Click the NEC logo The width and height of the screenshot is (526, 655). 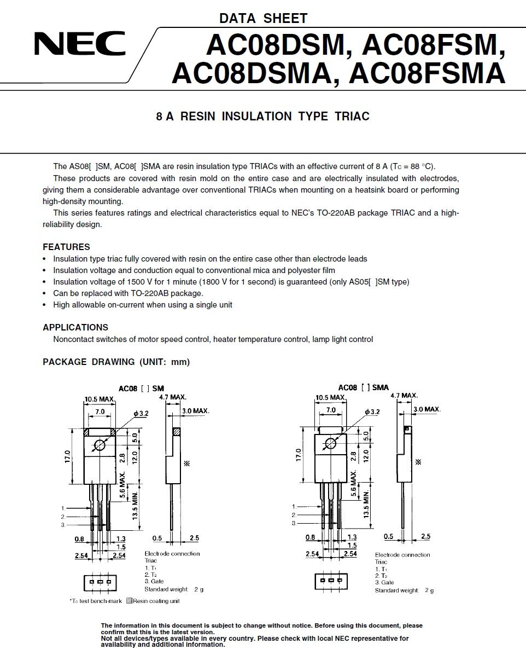(x=79, y=44)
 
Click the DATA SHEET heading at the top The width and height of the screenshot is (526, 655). (x=263, y=18)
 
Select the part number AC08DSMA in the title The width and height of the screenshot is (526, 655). (x=252, y=74)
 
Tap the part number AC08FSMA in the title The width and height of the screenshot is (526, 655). (x=426, y=74)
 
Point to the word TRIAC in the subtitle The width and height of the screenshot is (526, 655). (x=352, y=117)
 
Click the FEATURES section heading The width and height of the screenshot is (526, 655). (x=66, y=247)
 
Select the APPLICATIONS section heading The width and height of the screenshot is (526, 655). (x=75, y=327)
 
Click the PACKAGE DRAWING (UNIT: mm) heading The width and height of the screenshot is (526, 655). (x=116, y=362)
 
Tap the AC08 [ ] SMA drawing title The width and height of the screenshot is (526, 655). (x=364, y=387)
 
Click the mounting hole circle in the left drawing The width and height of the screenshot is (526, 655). (x=100, y=445)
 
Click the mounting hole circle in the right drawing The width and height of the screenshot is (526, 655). (x=330, y=444)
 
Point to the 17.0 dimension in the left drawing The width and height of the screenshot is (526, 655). (x=67, y=456)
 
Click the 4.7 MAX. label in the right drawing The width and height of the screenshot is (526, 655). (x=404, y=395)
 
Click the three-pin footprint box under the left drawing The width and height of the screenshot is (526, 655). (x=100, y=582)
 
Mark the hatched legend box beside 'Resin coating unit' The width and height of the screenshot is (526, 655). (x=129, y=601)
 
